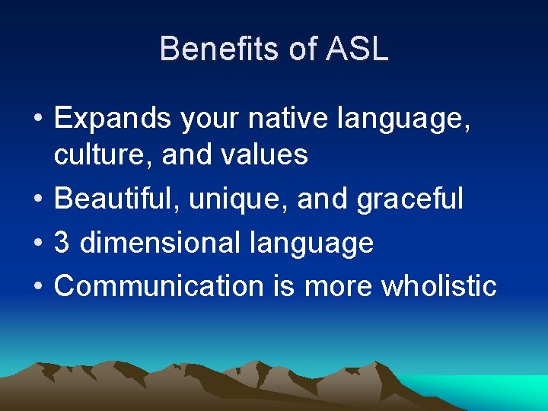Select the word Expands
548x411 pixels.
click(x=113, y=119)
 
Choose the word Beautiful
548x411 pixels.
click(x=117, y=199)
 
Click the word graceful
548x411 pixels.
click(x=409, y=199)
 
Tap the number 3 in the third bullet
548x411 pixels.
click(x=62, y=243)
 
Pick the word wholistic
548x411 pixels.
click(x=438, y=286)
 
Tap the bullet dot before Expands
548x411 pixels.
click(x=37, y=119)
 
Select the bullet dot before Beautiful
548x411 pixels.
click(x=37, y=199)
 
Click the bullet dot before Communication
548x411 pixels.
click(x=37, y=287)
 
